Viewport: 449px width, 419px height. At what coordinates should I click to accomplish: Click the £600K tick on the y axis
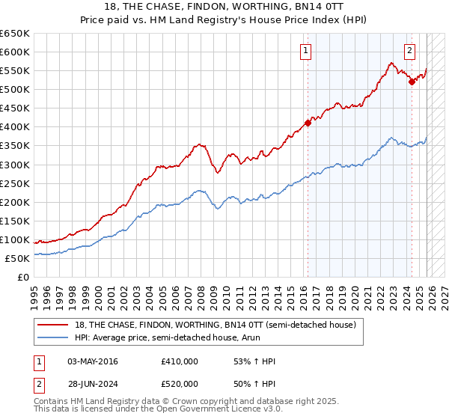(15, 52)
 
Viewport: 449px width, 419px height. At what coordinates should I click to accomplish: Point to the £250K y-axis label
(15, 183)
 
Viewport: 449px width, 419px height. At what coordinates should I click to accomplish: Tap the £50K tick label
(17, 258)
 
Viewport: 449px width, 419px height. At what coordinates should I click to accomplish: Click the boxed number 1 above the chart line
(307, 51)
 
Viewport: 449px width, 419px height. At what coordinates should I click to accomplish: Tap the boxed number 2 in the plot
(410, 51)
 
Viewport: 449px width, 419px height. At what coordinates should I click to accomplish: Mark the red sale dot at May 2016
(308, 123)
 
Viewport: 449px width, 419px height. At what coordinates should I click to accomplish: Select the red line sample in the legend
(54, 324)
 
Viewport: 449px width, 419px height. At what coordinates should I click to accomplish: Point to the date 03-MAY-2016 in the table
(93, 361)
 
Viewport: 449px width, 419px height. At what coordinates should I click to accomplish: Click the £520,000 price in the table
(179, 384)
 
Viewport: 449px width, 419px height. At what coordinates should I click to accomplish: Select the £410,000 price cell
(179, 361)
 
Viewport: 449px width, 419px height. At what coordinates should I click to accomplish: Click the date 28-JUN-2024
(93, 384)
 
